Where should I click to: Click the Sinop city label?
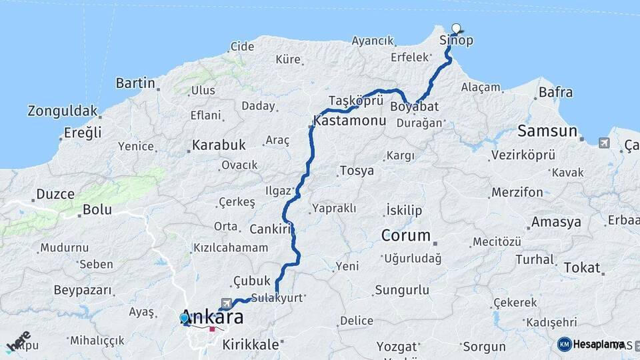(x=457, y=41)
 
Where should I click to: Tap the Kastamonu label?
(x=350, y=122)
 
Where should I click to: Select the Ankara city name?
(x=212, y=318)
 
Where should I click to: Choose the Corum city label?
(x=405, y=235)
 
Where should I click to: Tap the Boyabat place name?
(x=415, y=107)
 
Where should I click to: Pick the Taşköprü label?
(x=356, y=100)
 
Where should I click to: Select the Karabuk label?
(x=219, y=145)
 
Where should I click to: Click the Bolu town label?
(x=97, y=209)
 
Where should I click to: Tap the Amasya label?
(x=556, y=222)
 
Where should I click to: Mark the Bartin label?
(x=135, y=83)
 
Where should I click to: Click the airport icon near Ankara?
(x=227, y=303)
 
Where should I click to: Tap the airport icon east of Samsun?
(x=604, y=143)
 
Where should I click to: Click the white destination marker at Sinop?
(x=456, y=28)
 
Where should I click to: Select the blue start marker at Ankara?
(x=185, y=318)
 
